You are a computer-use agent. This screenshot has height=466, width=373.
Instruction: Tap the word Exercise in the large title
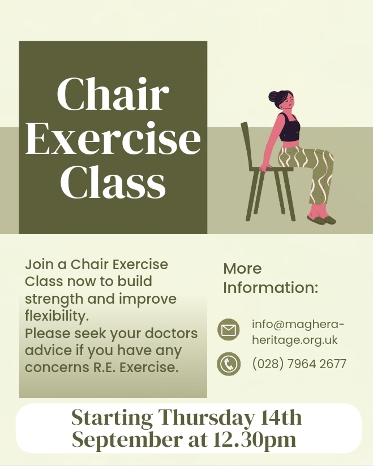pos(113,139)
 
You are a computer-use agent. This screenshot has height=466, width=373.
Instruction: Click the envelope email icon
pos(229,330)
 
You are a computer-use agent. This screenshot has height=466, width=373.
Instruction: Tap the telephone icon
pos(229,364)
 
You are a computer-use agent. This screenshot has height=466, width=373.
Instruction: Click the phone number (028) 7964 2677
pos(299,364)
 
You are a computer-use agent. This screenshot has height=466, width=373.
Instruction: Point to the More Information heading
pos(271,278)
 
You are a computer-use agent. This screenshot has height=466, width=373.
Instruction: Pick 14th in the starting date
pos(281,418)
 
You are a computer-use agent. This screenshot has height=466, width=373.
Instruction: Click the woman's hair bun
pos(274,97)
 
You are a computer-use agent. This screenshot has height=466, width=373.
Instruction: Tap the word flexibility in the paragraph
pos(57,315)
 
